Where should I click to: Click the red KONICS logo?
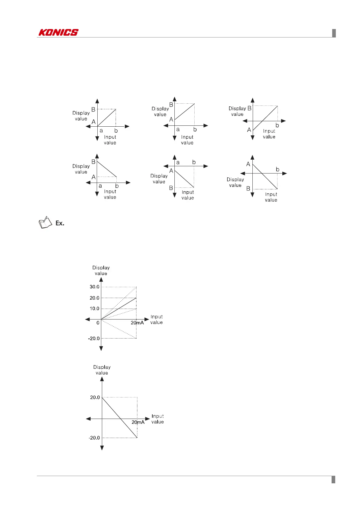[x=58, y=32]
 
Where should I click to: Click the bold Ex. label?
[x=60, y=223]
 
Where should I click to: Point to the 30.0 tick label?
[x=94, y=287]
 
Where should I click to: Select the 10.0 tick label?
[x=94, y=309]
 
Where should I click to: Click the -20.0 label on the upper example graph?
[x=94, y=339]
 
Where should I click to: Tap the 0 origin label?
[x=98, y=323]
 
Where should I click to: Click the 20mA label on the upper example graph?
[x=137, y=323]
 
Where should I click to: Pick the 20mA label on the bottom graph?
[x=138, y=422]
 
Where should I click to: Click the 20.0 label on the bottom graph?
[x=95, y=397]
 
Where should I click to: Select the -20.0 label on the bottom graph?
[x=94, y=438]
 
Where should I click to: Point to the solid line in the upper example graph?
[x=119, y=309]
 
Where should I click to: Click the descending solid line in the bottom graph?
[x=120, y=418]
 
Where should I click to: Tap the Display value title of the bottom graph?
[x=102, y=370]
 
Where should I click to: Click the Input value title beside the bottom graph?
[x=157, y=419]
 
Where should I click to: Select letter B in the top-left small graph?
[x=93, y=109]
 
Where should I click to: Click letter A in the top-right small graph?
[x=249, y=130]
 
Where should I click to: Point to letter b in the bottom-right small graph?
[x=277, y=170]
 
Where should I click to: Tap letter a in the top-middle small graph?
[x=178, y=129]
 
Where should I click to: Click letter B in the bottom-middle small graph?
[x=171, y=188]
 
